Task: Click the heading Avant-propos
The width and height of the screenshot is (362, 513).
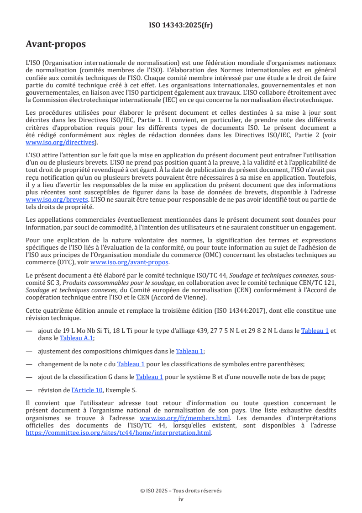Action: (x=56, y=44)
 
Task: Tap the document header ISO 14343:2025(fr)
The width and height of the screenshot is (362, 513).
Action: (x=181, y=25)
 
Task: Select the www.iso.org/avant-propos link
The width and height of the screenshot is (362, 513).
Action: (x=129, y=262)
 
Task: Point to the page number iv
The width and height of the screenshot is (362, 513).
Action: (x=181, y=499)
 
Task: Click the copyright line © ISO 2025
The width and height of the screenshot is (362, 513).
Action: (x=181, y=491)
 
